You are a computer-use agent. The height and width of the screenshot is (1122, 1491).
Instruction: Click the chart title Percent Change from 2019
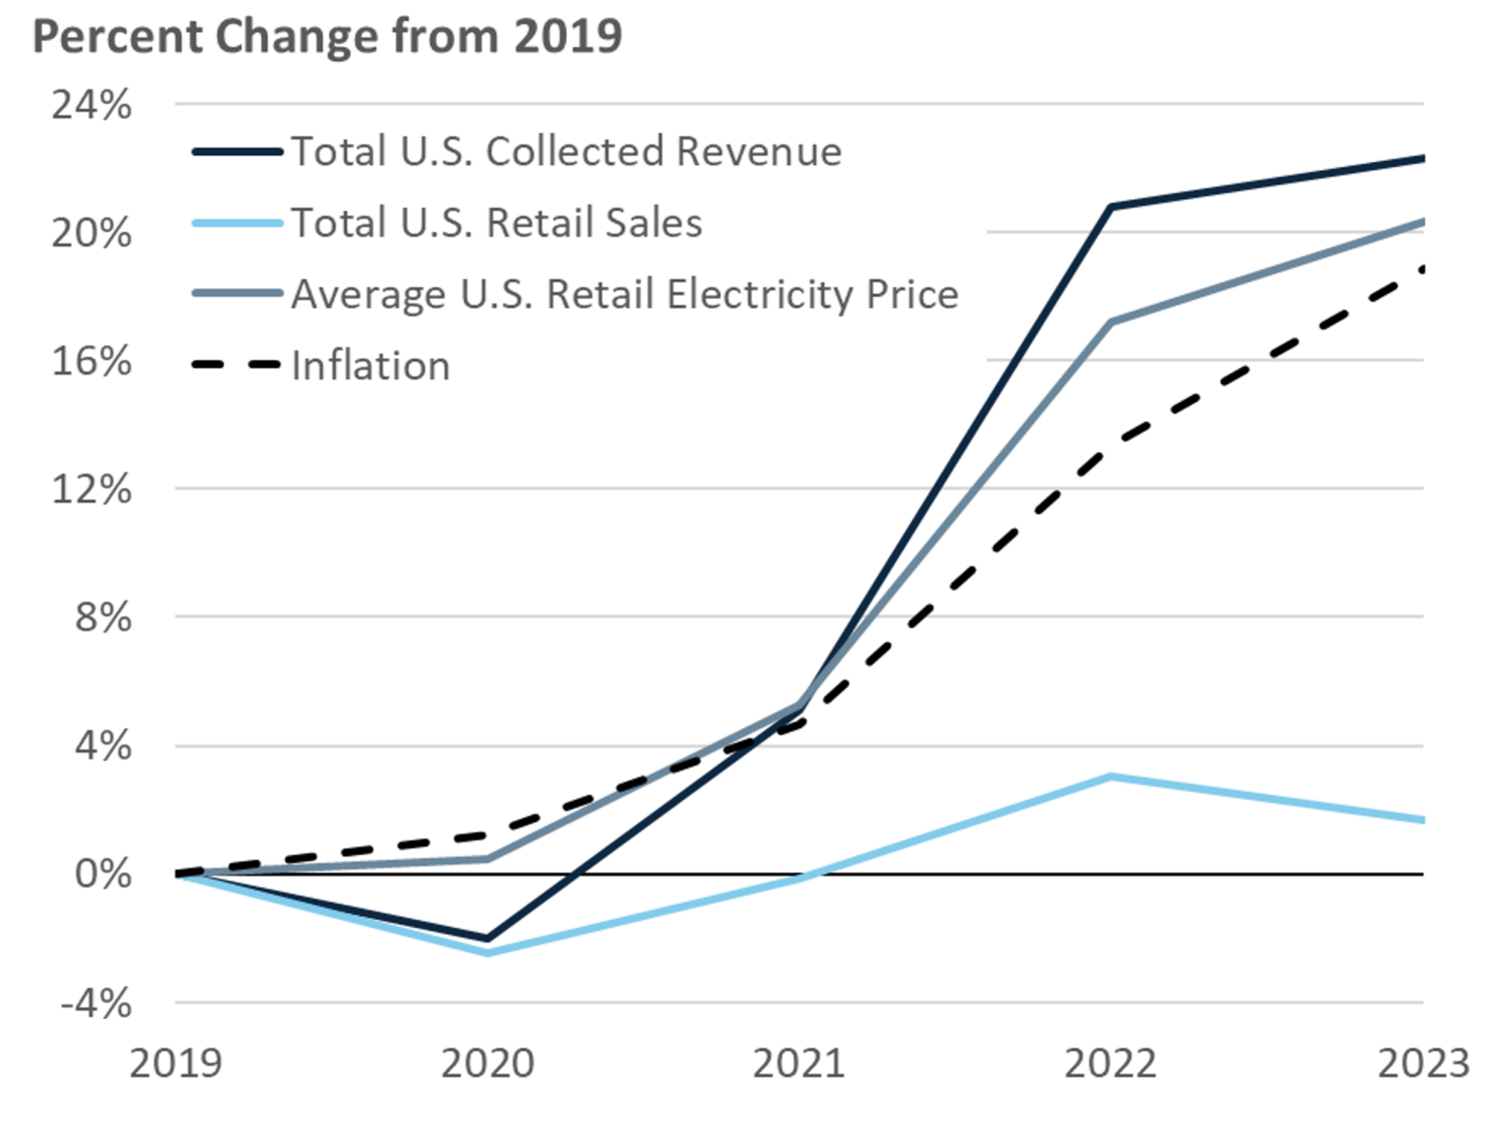pyautogui.click(x=326, y=37)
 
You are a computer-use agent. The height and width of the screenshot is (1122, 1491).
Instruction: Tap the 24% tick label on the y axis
pyautogui.click(x=91, y=104)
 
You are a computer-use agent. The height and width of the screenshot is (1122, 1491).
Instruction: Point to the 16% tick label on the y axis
pyautogui.click(x=91, y=361)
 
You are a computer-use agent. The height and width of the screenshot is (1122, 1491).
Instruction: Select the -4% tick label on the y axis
pyautogui.click(x=95, y=1003)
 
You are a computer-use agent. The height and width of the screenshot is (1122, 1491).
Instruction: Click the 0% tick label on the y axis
pyautogui.click(x=103, y=874)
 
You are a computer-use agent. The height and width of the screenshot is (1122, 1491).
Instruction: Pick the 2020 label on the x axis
pyautogui.click(x=487, y=1064)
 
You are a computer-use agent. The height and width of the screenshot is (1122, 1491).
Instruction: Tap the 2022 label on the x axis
pyautogui.click(x=1110, y=1064)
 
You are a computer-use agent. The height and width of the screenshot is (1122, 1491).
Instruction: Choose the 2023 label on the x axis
pyautogui.click(x=1423, y=1064)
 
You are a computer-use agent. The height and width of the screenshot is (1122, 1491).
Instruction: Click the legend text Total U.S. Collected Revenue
pyautogui.click(x=566, y=151)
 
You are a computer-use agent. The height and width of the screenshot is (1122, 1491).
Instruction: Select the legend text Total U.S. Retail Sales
pyautogui.click(x=496, y=223)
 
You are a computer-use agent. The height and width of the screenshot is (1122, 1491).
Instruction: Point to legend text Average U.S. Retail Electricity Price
pyautogui.click(x=624, y=294)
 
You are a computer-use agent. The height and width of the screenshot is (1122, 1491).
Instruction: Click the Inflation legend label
pyautogui.click(x=370, y=366)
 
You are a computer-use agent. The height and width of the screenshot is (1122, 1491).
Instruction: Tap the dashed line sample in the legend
pyautogui.click(x=237, y=366)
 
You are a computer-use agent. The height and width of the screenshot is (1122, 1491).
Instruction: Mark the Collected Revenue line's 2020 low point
pyautogui.click(x=487, y=939)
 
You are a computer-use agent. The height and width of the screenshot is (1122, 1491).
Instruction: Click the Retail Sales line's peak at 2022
pyautogui.click(x=1110, y=776)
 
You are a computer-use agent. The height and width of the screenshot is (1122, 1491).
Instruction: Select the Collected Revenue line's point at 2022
pyautogui.click(x=1110, y=207)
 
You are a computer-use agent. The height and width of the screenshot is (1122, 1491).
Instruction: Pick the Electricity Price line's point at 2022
pyautogui.click(x=1110, y=321)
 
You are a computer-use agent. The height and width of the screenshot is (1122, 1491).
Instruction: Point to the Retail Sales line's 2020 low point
pyautogui.click(x=487, y=953)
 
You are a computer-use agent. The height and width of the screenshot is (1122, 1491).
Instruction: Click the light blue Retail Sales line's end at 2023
pyautogui.click(x=1421, y=820)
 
